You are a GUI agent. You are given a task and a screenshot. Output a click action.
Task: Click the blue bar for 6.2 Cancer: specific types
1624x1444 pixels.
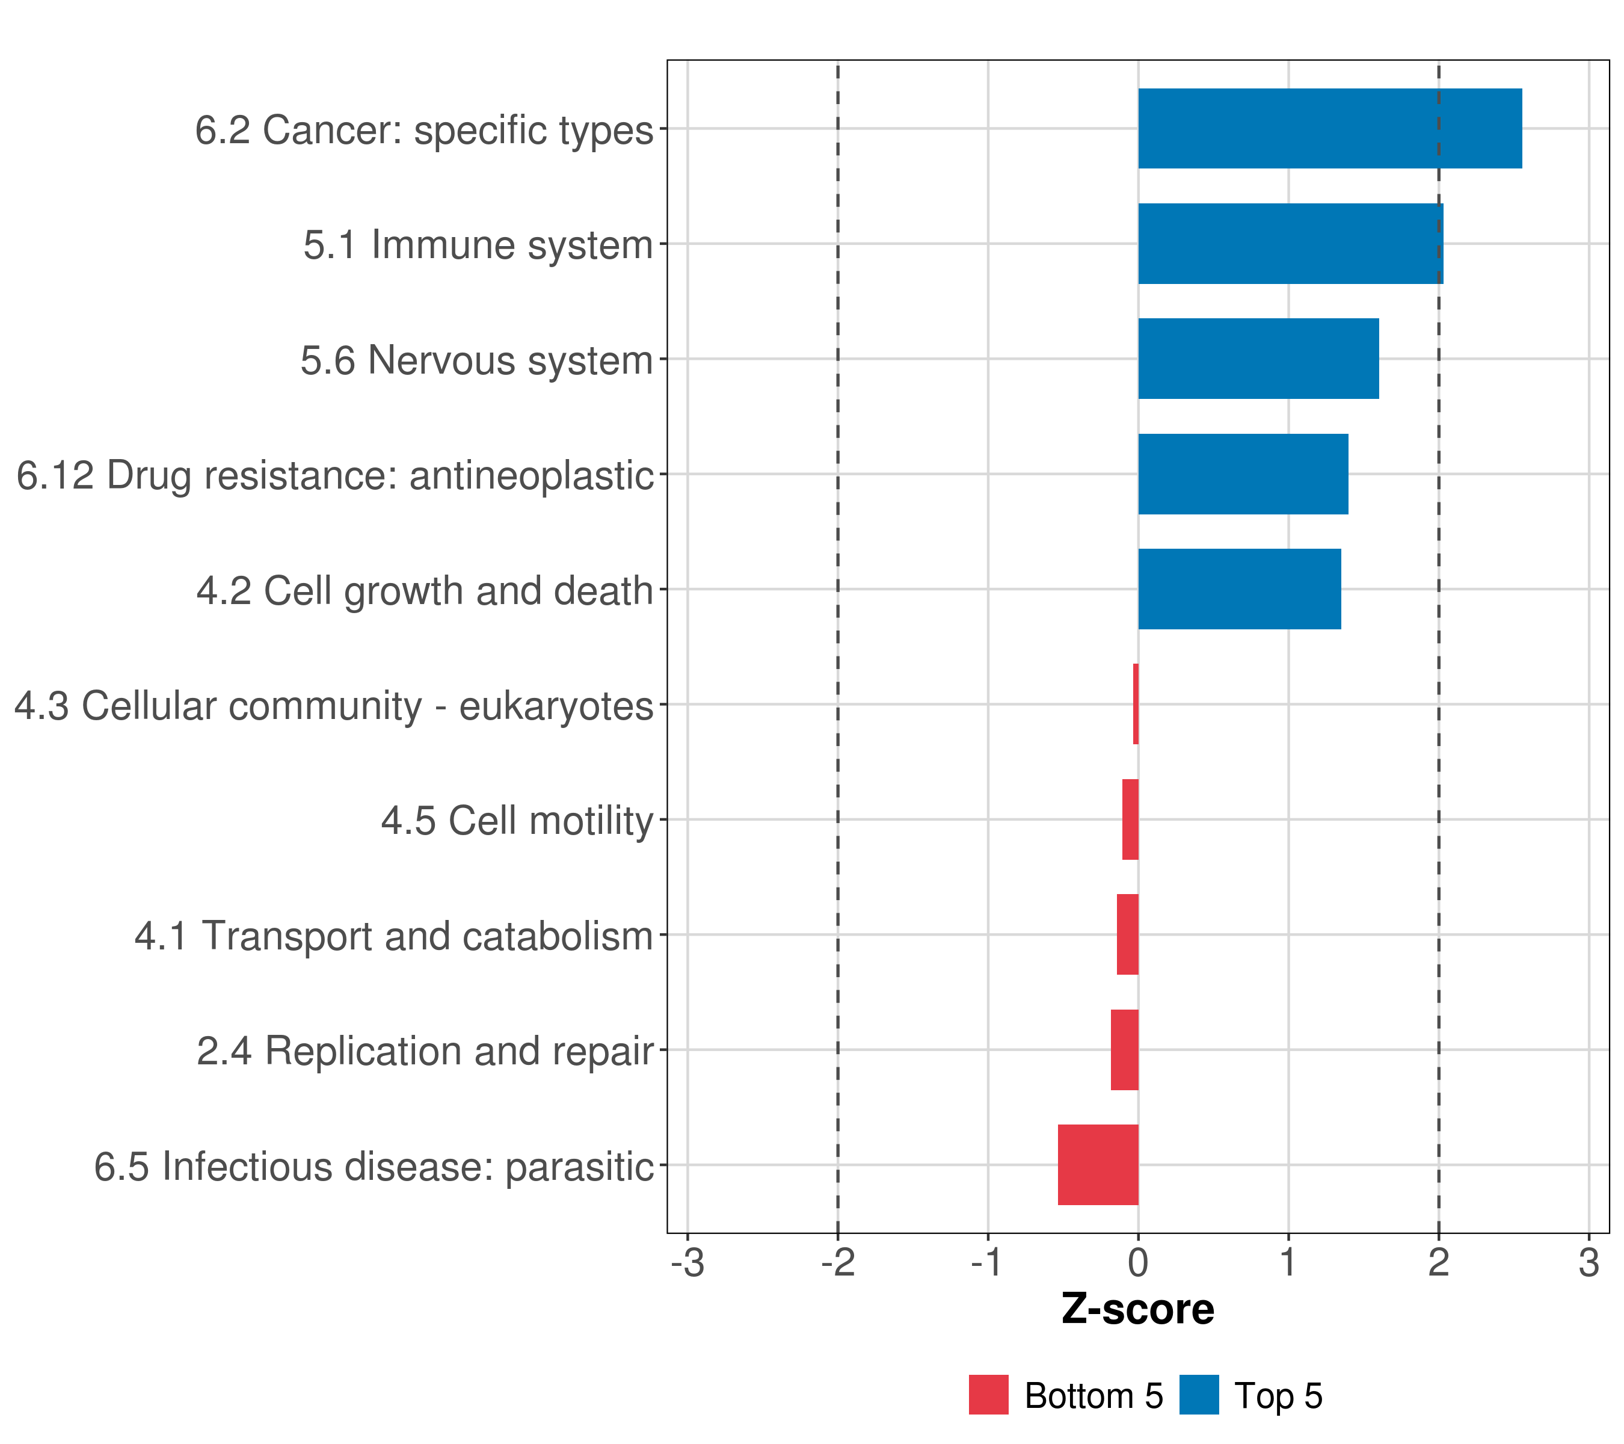[x=1329, y=129]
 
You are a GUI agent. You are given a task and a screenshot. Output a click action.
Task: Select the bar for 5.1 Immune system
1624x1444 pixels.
[x=1290, y=244]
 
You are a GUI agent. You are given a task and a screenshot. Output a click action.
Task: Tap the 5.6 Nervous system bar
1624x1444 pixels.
[x=1258, y=359]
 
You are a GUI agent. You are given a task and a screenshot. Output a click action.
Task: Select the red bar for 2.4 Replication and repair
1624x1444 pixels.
[x=1124, y=1049]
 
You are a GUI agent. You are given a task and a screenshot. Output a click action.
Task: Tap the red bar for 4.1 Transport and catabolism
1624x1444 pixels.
[x=1127, y=934]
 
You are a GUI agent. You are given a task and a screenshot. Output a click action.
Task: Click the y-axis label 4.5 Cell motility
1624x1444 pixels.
[x=517, y=820]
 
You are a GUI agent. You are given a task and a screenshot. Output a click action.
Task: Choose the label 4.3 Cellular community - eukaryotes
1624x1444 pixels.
[x=334, y=705]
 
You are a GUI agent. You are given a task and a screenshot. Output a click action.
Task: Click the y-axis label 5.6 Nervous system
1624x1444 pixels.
[x=477, y=360]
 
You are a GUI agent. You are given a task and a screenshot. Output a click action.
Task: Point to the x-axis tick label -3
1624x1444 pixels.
[x=687, y=1263]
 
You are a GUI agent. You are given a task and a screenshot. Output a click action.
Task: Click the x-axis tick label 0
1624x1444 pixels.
[x=1138, y=1263]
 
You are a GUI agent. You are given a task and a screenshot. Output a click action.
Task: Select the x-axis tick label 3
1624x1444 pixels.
[x=1589, y=1263]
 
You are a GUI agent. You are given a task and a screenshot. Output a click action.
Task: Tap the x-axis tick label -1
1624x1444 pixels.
[x=988, y=1263]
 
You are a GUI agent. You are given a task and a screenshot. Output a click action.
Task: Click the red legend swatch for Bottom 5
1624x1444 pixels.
[x=988, y=1395]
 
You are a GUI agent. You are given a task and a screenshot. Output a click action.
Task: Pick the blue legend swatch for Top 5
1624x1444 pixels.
[x=1199, y=1395]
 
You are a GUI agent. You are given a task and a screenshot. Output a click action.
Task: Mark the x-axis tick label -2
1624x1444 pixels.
[x=837, y=1263]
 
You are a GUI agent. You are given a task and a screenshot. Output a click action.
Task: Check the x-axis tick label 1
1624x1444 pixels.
[x=1288, y=1263]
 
